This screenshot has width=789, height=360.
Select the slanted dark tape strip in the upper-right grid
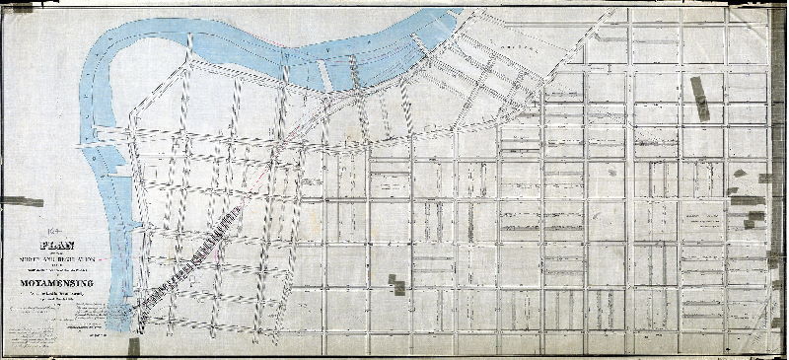coord(701,98)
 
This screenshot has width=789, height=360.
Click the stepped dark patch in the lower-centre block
coord(397,284)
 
